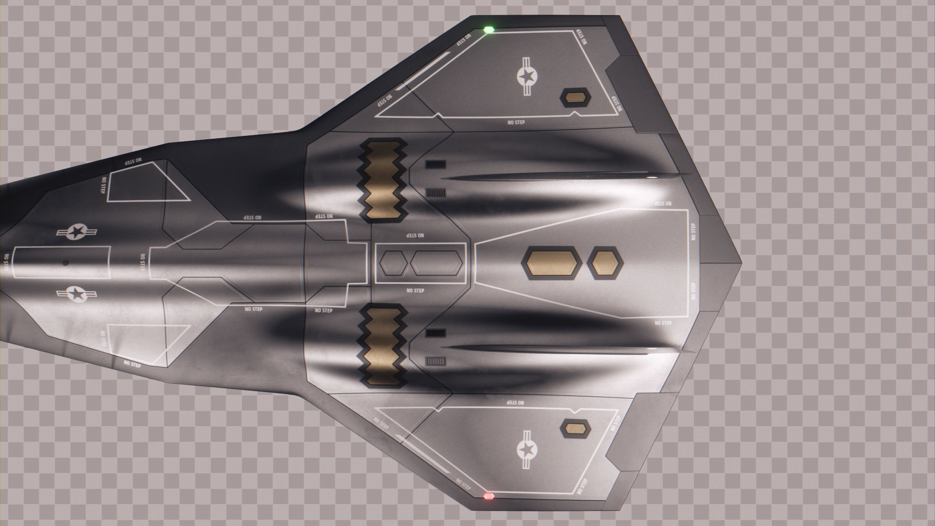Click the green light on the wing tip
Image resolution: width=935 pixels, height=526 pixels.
(489, 30)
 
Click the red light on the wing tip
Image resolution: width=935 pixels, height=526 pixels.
(488, 496)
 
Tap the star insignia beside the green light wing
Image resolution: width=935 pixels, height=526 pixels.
(526, 76)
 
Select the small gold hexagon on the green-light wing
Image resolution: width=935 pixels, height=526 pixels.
(576, 98)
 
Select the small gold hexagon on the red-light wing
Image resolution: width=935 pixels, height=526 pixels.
(575, 428)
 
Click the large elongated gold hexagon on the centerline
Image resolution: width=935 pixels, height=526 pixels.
(552, 263)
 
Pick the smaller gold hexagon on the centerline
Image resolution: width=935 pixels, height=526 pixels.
(605, 263)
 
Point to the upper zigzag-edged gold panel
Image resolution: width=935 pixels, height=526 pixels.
(383, 181)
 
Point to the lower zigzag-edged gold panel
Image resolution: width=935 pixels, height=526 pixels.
(383, 345)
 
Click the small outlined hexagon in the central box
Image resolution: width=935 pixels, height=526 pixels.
(393, 263)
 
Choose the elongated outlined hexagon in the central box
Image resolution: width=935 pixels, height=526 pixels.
(436, 263)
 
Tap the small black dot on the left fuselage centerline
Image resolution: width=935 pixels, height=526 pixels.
(65, 263)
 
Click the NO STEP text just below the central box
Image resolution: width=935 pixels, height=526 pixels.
(415, 291)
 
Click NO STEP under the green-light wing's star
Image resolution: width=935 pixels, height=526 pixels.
(516, 122)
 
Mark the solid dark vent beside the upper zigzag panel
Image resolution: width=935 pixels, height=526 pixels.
(435, 165)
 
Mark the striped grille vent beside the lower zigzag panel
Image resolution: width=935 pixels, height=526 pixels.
(436, 361)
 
